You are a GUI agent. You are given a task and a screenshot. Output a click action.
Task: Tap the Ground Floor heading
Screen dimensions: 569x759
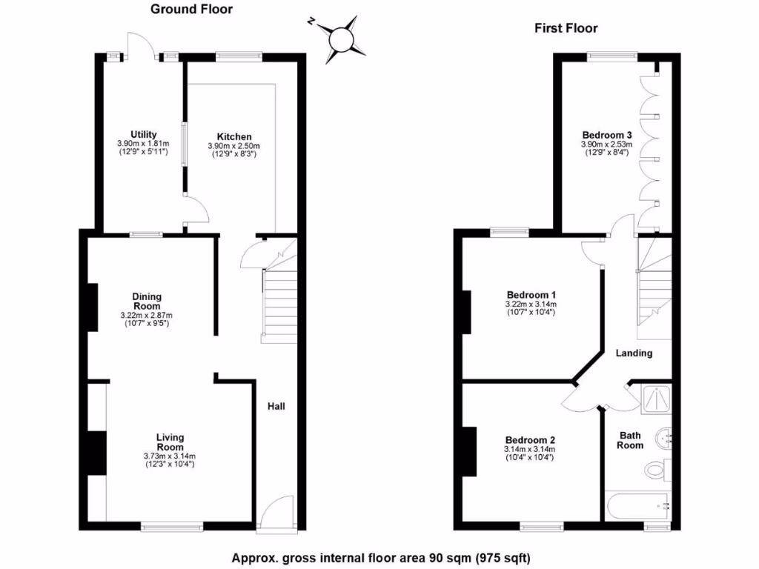[191, 10]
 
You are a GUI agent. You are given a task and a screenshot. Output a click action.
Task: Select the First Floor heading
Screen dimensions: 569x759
[566, 29]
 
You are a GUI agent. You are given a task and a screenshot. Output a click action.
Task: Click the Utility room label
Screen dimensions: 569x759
[142, 134]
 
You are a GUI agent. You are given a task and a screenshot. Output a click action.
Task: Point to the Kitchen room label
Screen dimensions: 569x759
[234, 136]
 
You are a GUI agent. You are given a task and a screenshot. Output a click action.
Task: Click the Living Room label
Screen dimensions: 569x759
[170, 442]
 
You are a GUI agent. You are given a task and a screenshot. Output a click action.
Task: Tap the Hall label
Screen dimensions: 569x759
[276, 406]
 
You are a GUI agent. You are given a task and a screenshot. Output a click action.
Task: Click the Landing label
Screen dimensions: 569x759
[634, 353]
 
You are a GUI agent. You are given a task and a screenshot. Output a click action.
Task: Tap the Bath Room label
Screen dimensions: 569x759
[630, 440]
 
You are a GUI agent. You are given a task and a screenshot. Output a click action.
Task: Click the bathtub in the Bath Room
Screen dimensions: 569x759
[637, 507]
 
